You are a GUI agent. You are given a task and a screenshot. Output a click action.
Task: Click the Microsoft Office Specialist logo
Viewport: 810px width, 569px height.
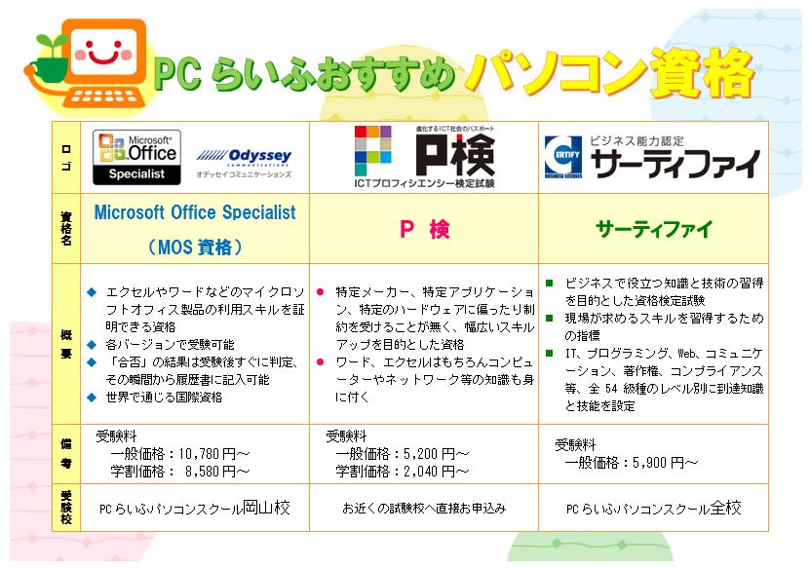coord(136,157)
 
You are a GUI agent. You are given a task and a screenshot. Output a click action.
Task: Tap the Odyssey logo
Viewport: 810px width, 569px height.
coord(244,162)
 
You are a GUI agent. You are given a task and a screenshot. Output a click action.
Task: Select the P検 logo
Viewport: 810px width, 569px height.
coord(425,157)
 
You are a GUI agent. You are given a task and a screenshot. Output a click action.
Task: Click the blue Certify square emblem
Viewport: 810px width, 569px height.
coord(563,157)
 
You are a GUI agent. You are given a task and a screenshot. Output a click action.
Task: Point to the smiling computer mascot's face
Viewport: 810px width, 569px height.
coord(103,51)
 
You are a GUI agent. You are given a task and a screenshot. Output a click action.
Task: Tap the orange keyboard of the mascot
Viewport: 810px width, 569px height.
coord(107,96)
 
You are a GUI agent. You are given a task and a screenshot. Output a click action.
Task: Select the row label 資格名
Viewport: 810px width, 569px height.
coord(66,228)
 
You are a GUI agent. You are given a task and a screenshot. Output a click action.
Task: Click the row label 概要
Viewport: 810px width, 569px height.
coord(66,344)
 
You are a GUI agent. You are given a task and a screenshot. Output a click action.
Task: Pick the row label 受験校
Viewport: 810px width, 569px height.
coord(66,507)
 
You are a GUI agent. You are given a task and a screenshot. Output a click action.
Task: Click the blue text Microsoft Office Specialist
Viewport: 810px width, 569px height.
coord(195,212)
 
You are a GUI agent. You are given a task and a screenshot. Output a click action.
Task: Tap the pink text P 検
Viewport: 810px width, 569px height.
coord(425,229)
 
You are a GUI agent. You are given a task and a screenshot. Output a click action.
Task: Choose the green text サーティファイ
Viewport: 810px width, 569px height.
coord(654,229)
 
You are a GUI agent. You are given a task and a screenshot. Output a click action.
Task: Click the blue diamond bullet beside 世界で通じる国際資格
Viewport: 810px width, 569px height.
coord(92,398)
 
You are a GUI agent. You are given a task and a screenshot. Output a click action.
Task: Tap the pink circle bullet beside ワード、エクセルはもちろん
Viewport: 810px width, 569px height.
coord(321,361)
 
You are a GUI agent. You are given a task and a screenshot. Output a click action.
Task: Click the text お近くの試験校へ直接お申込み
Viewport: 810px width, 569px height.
coord(424,509)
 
